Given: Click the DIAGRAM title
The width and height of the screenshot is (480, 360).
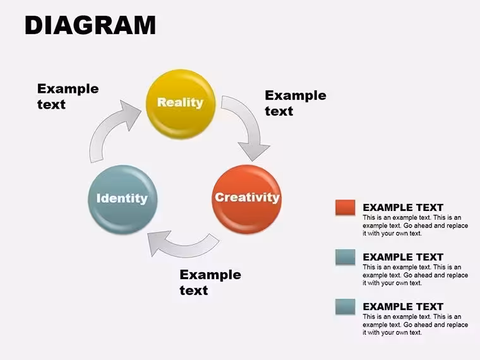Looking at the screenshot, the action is coord(90,25).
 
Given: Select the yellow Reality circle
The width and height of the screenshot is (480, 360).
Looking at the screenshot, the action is coord(181,104).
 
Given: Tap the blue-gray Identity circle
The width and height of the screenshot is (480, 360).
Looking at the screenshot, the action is coord(123,200).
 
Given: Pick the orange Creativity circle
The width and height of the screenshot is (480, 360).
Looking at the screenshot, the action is coord(247,200).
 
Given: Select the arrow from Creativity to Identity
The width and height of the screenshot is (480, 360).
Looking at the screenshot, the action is coord(184,246).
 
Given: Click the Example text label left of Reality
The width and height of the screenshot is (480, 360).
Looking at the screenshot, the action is coord(68,97).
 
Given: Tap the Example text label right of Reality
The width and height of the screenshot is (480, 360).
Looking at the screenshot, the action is coord(296,103).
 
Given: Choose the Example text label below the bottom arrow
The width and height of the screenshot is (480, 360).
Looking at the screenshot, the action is coord(210,282).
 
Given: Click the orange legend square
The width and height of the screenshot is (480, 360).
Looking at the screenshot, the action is coord(345,207).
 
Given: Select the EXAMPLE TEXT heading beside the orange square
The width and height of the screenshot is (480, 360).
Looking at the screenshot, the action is coord(403,208).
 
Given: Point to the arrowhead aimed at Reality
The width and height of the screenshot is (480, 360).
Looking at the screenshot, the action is coord(130,115).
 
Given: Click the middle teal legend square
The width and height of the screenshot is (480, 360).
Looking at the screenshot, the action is coord(345,257).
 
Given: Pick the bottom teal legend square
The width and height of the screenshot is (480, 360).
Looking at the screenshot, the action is coord(345,306).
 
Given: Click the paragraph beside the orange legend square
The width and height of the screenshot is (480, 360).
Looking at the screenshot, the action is coord(416,225).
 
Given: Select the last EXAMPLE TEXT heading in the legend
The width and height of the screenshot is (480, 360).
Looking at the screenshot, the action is coord(403,307).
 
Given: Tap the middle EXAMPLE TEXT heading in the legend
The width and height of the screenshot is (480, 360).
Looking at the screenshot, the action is coord(403,257).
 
